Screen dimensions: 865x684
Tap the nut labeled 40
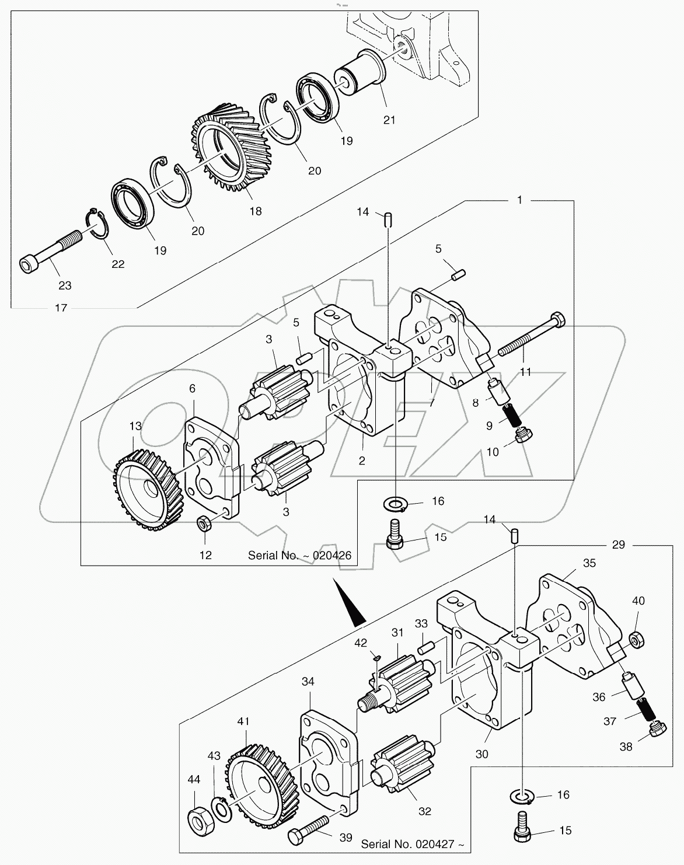pyautogui.click(x=638, y=639)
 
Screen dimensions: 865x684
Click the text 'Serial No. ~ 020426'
pyautogui.click(x=299, y=555)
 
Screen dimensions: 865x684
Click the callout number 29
pyautogui.click(x=619, y=545)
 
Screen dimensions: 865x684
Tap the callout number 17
pyautogui.click(x=61, y=308)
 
